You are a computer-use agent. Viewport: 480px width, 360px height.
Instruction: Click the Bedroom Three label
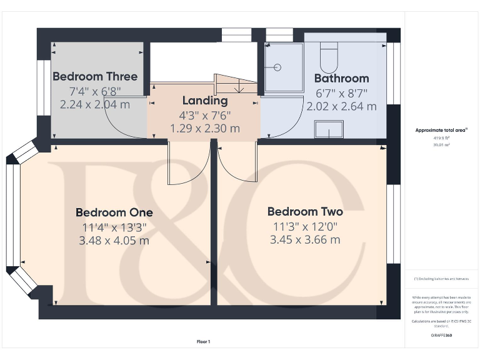tap(95, 77)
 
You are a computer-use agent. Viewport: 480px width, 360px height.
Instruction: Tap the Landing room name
tap(205, 101)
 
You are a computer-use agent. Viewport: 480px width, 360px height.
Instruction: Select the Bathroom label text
tap(341, 79)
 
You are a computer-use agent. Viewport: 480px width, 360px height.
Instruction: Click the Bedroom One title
tap(114, 212)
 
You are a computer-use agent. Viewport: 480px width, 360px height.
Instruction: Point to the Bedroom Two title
tap(305, 211)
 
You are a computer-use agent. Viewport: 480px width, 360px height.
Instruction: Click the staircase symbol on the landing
tap(235, 85)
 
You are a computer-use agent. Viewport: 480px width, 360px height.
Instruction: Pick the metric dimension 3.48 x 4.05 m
tap(114, 241)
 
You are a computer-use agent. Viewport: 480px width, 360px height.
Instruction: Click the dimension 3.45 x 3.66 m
tap(305, 239)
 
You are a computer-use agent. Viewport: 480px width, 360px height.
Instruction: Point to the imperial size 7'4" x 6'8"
tap(95, 91)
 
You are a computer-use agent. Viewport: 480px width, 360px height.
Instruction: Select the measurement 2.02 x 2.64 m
tap(341, 106)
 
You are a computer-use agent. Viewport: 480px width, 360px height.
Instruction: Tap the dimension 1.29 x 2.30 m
tap(205, 128)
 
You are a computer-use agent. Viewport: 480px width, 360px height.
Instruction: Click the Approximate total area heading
tap(442, 131)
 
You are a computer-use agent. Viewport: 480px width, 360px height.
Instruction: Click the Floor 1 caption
tap(204, 341)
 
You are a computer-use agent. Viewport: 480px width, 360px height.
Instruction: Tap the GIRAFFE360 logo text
tap(442, 336)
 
